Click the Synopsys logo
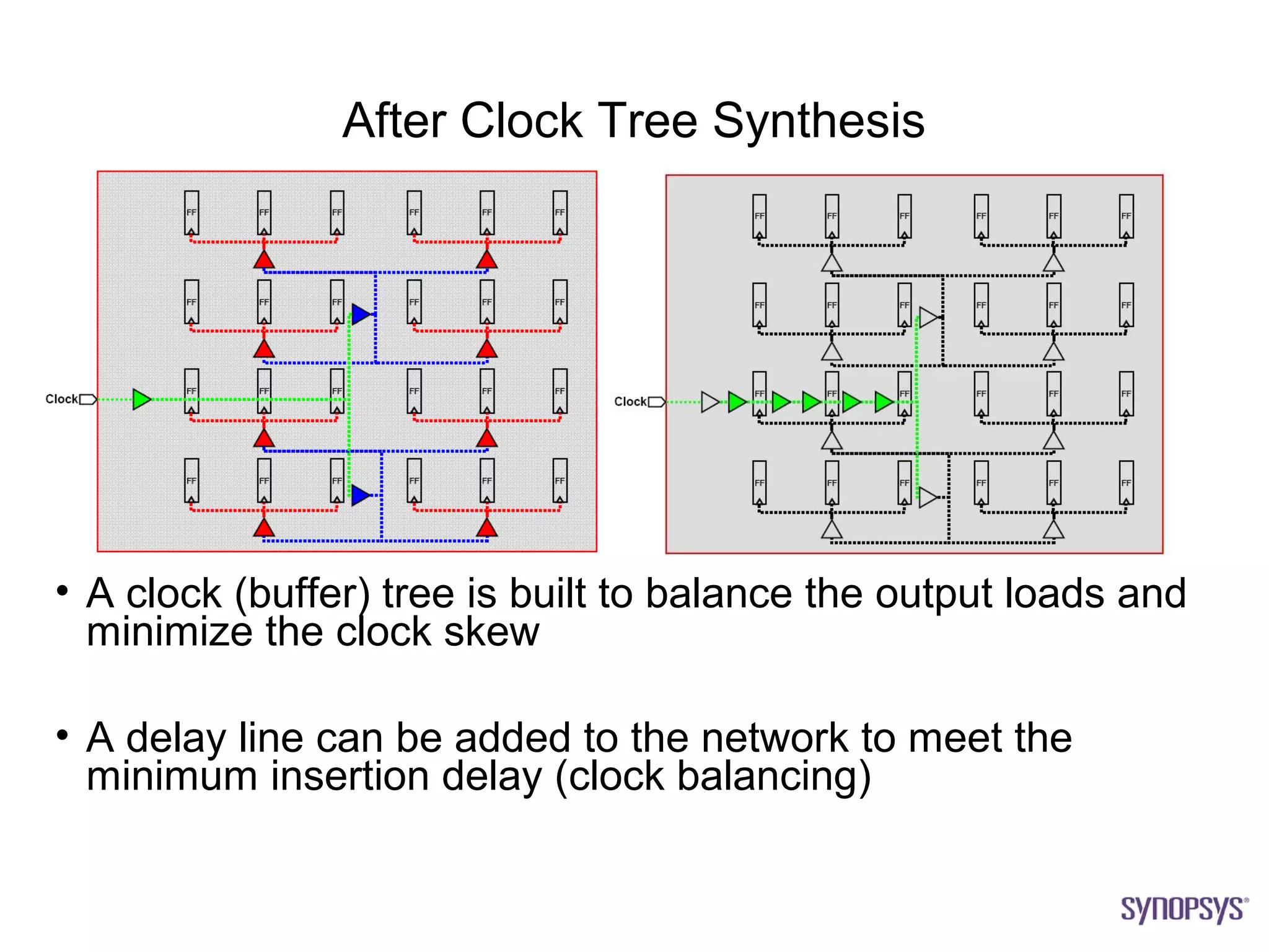click(1183, 909)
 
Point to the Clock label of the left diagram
click(61, 399)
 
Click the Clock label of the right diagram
click(630, 402)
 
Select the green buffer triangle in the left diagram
click(141, 399)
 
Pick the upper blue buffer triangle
click(360, 314)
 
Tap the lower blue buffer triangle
click(360, 495)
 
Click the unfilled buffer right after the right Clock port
click(709, 402)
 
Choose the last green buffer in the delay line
click(883, 402)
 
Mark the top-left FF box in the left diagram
click(191, 213)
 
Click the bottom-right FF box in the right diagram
click(1126, 482)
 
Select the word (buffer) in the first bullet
click(302, 594)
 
